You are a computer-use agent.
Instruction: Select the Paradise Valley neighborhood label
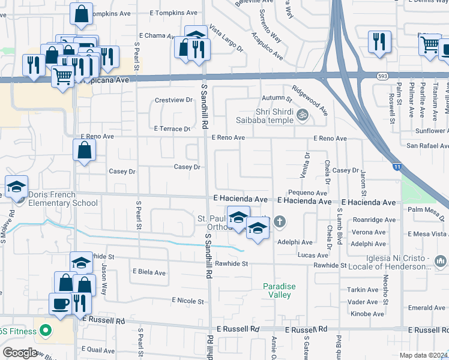point(279,290)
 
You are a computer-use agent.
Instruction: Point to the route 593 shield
point(382,76)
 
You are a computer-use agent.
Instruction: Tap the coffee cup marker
point(61,304)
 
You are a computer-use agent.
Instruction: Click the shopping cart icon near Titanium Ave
point(430,44)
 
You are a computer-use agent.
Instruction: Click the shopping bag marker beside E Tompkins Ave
point(81,13)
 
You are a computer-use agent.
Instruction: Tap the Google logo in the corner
point(20,353)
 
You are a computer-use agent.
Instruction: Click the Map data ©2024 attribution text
point(423,355)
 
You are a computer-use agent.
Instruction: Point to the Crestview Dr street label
point(173,100)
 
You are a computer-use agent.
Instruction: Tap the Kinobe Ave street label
point(366,314)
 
